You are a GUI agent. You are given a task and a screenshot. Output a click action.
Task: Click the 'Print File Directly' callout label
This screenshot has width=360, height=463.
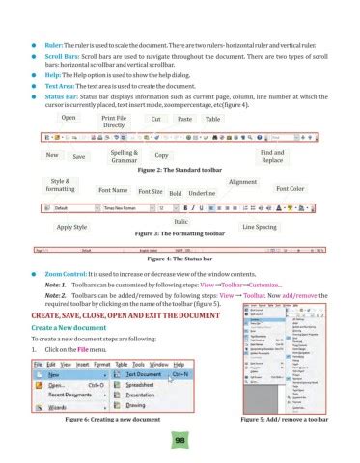tap(114, 121)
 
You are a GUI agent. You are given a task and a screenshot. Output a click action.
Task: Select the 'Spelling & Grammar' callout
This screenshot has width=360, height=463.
tap(124, 156)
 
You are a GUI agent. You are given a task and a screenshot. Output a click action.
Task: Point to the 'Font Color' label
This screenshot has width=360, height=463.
tap(291, 188)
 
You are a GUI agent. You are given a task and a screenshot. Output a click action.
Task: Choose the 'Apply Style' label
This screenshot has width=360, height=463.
tap(72, 227)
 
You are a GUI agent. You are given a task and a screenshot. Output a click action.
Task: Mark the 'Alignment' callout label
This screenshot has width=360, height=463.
tap(242, 181)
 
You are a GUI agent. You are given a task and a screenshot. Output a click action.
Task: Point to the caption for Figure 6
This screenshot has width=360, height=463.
tap(111, 421)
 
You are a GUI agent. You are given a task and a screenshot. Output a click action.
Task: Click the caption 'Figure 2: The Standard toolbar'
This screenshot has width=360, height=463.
tap(181, 170)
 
